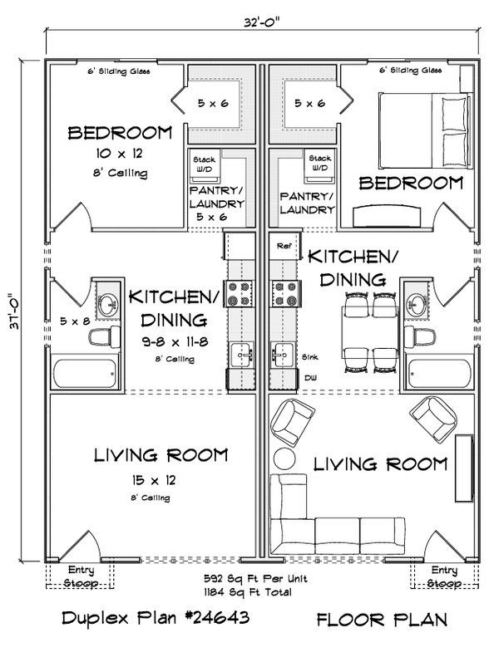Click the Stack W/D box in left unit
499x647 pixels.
pyautogui.click(x=204, y=164)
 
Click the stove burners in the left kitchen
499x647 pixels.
pyautogui.click(x=240, y=293)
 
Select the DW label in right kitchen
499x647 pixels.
pyautogui.click(x=309, y=377)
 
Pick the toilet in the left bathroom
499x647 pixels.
pyautogui.click(x=100, y=336)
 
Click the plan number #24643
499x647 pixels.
pyautogui.click(x=204, y=620)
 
